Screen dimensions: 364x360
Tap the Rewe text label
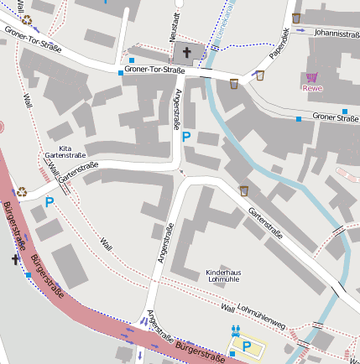coord(311,88)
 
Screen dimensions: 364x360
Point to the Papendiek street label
coord(279,44)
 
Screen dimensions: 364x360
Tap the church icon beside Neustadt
coord(186,51)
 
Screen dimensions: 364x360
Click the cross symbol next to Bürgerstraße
coord(15,260)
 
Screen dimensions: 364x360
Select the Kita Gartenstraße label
coord(65,152)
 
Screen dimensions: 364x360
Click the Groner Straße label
coord(336,117)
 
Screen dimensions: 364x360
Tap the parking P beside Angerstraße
coord(186,137)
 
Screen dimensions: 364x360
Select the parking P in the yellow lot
coord(246,346)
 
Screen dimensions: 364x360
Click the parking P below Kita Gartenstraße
coord(50,202)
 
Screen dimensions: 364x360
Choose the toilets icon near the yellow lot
coord(236,331)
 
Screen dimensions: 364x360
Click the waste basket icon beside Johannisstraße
coord(296,18)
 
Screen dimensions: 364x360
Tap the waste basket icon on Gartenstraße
coord(244,190)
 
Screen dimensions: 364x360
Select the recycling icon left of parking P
coord(22,191)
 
